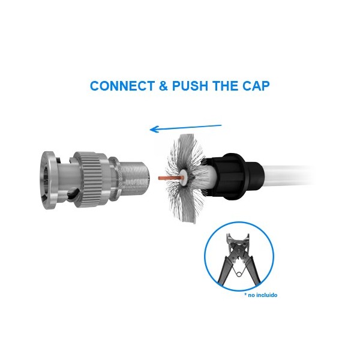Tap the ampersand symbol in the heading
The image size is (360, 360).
coord(163,86)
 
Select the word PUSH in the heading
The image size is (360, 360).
coord(190,86)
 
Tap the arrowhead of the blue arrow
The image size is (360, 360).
coord(154,129)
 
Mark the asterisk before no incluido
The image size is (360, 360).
coord(245,294)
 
